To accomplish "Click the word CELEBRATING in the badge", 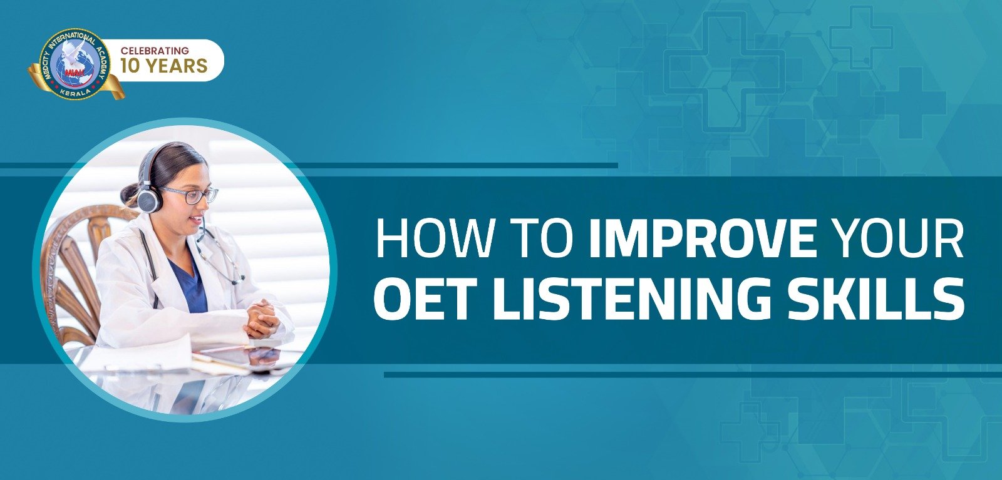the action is (x=155, y=51).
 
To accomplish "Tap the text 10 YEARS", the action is (x=163, y=66).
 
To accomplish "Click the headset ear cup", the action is (x=150, y=198).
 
